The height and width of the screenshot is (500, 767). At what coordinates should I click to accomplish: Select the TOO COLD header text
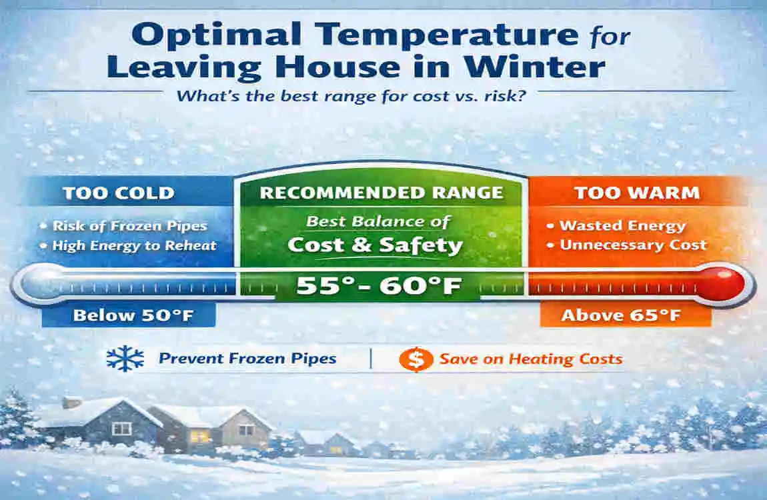click(x=118, y=193)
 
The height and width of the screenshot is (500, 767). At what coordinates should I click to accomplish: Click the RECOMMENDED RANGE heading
click(x=381, y=193)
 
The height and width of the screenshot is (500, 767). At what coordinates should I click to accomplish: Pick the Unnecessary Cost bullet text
click(x=633, y=245)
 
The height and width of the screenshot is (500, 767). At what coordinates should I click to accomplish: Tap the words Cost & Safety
click(x=375, y=245)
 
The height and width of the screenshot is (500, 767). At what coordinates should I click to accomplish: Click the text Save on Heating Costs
click(x=530, y=359)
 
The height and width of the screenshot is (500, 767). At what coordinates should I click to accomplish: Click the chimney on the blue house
click(x=72, y=403)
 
